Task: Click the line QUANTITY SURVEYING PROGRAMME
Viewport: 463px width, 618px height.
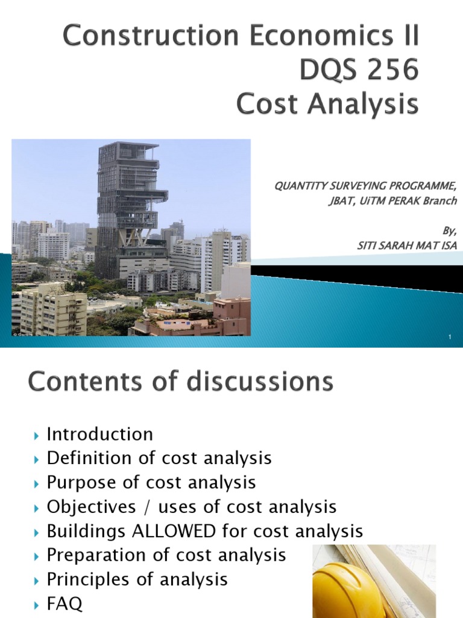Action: coord(365,186)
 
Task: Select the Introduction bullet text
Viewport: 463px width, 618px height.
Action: coord(100,434)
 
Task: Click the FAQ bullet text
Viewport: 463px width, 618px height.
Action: coord(65,603)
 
